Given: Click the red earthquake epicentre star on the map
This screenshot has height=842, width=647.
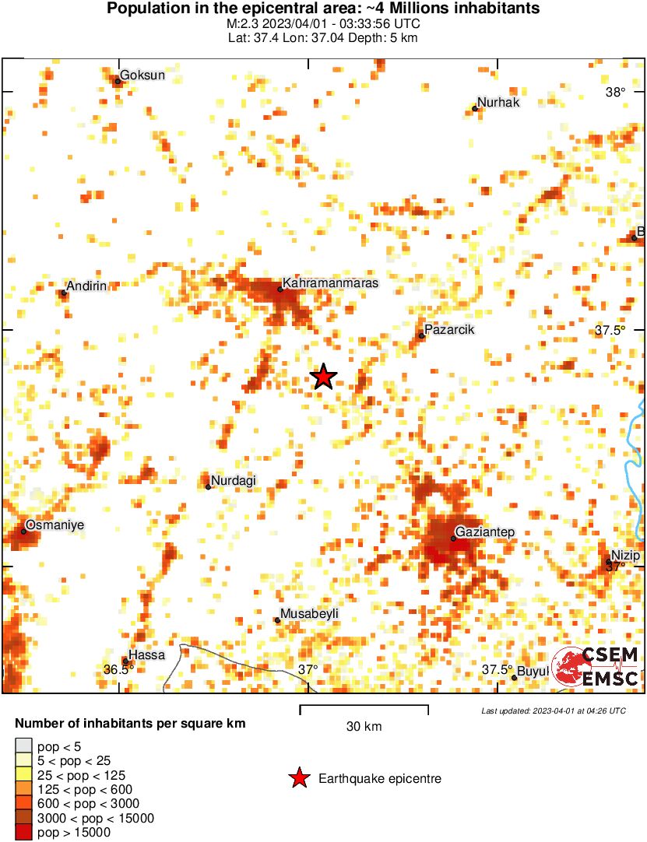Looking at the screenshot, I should (323, 377).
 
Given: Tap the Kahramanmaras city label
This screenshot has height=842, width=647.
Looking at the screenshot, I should (330, 283).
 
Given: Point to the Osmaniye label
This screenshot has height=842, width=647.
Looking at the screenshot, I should (55, 524).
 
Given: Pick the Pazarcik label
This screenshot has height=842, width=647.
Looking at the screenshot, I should (450, 329).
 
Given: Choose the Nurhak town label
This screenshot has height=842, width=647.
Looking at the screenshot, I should (498, 102).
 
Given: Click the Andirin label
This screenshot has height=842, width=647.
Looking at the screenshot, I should (86, 286).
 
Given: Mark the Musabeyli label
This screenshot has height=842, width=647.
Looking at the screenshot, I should (309, 613).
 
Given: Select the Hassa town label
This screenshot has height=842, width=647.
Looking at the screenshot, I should (146, 655).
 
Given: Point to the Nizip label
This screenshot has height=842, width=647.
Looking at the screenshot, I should (625, 555).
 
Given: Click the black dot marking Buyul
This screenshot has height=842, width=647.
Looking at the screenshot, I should (514, 678).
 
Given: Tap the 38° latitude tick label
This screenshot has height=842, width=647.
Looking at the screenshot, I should (615, 93).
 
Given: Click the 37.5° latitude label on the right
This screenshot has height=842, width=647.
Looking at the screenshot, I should (610, 330).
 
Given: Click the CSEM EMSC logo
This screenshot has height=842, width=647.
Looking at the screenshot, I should (598, 666).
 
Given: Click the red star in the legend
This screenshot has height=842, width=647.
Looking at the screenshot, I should (298, 778).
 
